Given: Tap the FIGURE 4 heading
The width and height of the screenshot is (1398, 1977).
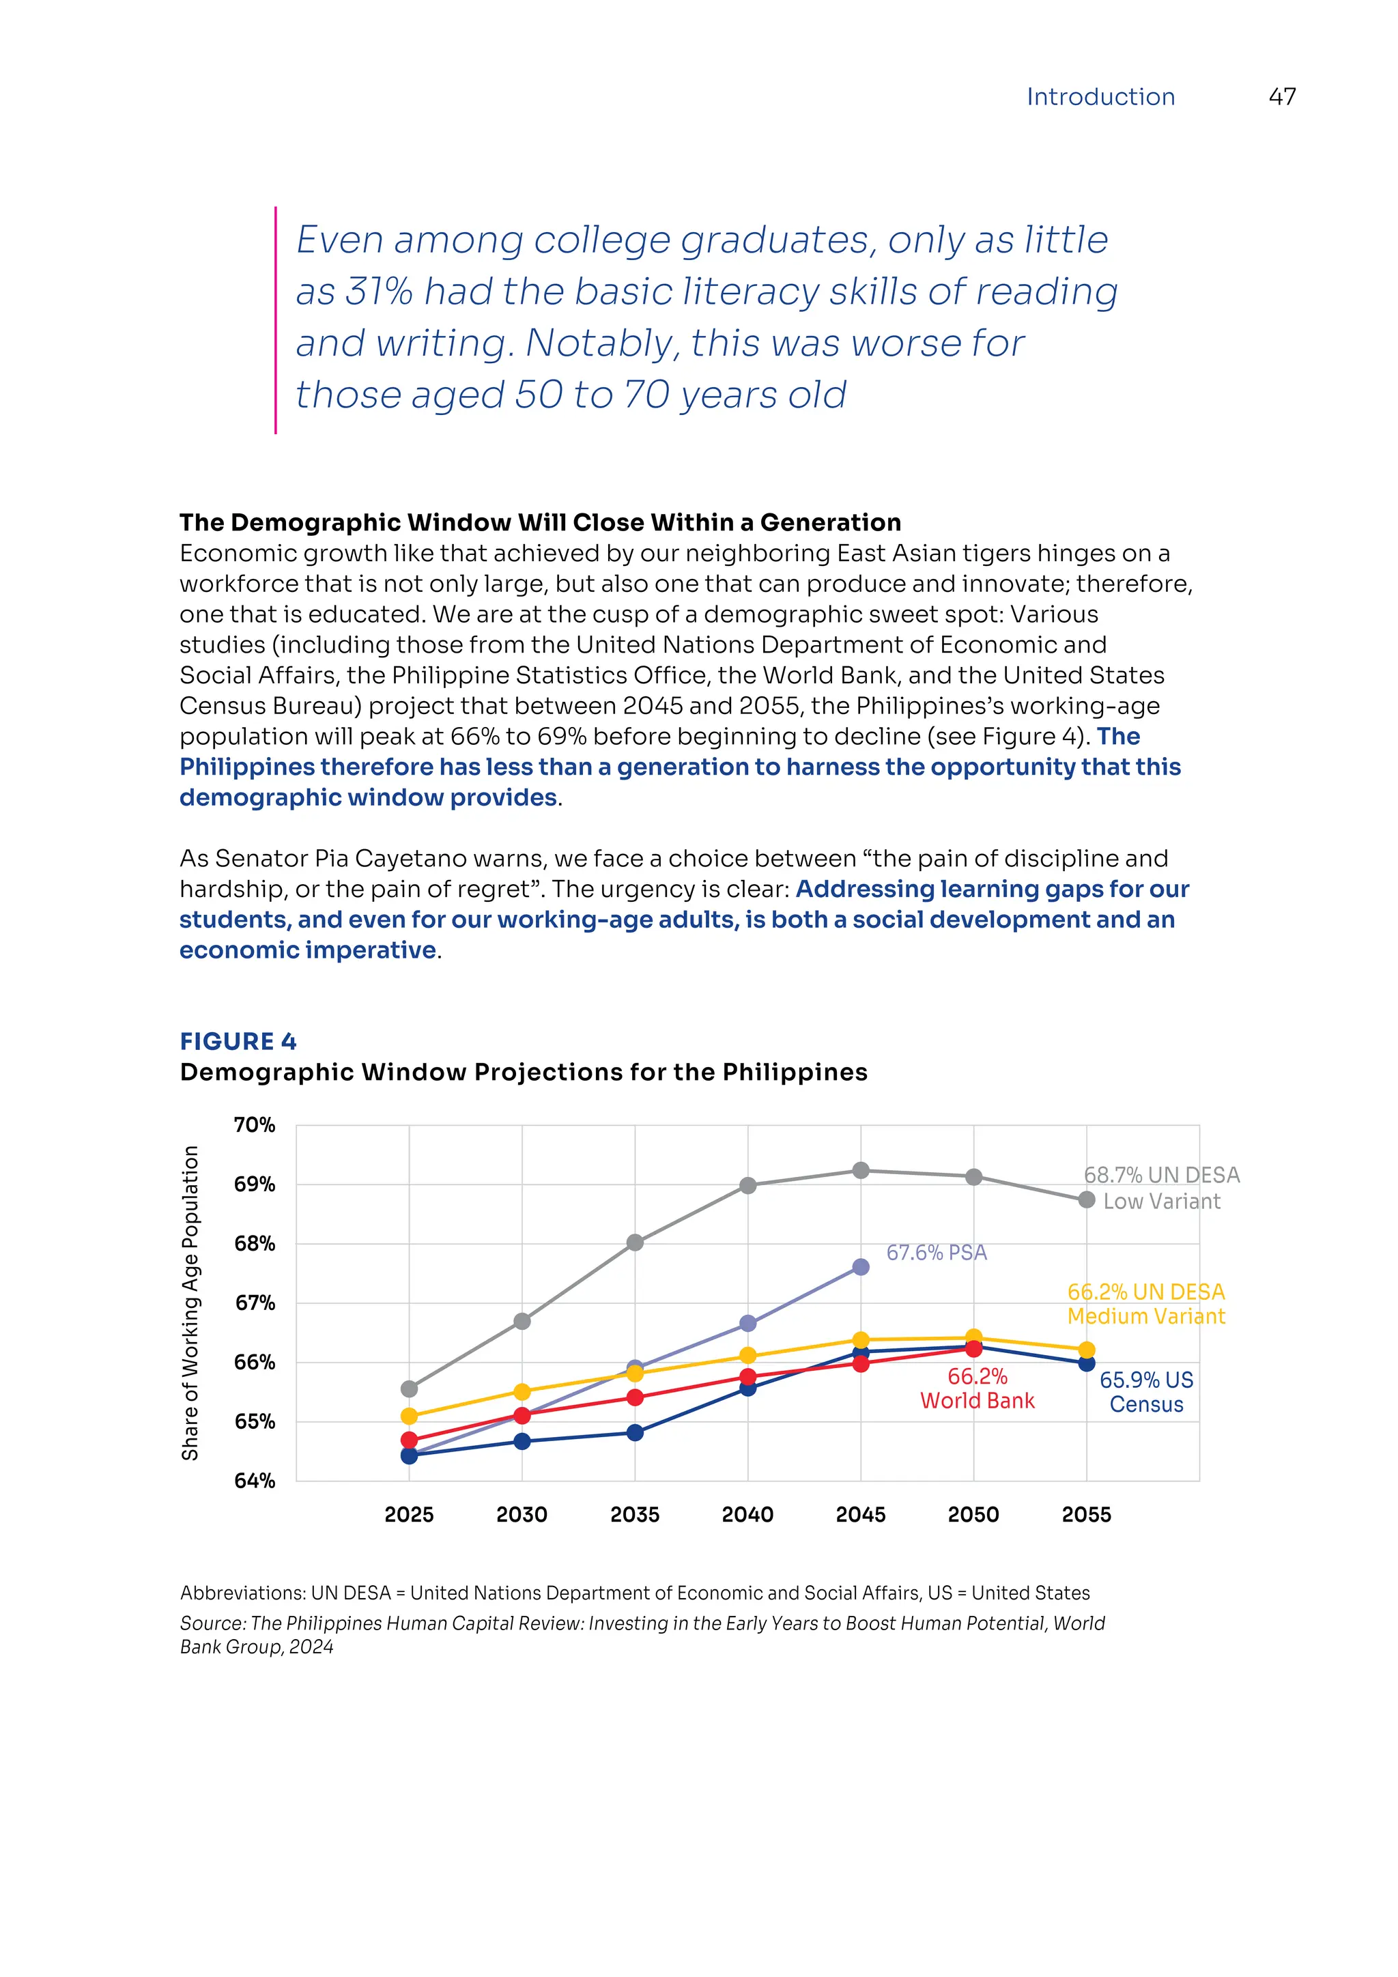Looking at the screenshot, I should pyautogui.click(x=238, y=1041).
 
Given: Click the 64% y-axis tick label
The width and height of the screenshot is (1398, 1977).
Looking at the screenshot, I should pyautogui.click(x=254, y=1480).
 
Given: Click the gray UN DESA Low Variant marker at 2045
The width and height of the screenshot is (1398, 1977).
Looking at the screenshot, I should pyautogui.click(x=860, y=1170).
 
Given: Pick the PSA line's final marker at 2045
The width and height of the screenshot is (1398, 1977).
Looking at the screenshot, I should pyautogui.click(x=860, y=1266).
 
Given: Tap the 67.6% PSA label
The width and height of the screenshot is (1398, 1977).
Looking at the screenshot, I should pyautogui.click(x=936, y=1252).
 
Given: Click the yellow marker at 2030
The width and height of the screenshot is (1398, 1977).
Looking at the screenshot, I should pyautogui.click(x=522, y=1391).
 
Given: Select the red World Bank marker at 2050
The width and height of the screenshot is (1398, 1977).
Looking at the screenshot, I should pyautogui.click(x=973, y=1348).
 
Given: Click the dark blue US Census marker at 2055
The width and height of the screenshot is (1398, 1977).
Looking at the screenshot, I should pyautogui.click(x=1085, y=1363).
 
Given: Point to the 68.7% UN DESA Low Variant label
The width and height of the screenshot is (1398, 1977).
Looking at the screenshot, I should pyautogui.click(x=1161, y=1187).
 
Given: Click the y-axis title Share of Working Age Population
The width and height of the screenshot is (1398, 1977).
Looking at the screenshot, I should pyautogui.click(x=190, y=1302).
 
